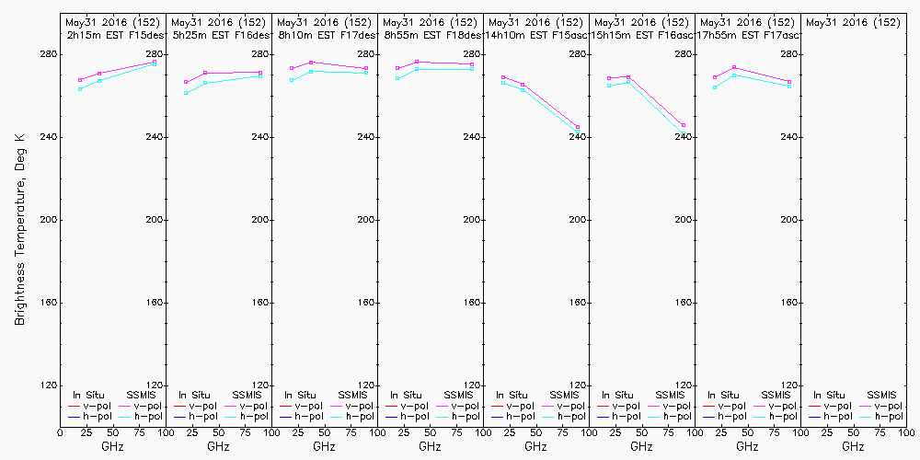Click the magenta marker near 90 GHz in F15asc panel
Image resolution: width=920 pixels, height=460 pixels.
(x=578, y=127)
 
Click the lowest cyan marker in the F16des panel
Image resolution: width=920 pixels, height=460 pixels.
(x=186, y=93)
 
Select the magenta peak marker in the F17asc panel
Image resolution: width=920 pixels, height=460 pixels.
(x=733, y=67)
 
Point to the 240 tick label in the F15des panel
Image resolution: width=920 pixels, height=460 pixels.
(x=155, y=137)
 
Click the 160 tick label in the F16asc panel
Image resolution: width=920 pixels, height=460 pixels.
(x=684, y=303)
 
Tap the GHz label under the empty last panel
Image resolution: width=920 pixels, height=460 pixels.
(x=853, y=446)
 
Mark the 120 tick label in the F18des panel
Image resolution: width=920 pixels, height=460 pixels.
(x=472, y=385)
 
